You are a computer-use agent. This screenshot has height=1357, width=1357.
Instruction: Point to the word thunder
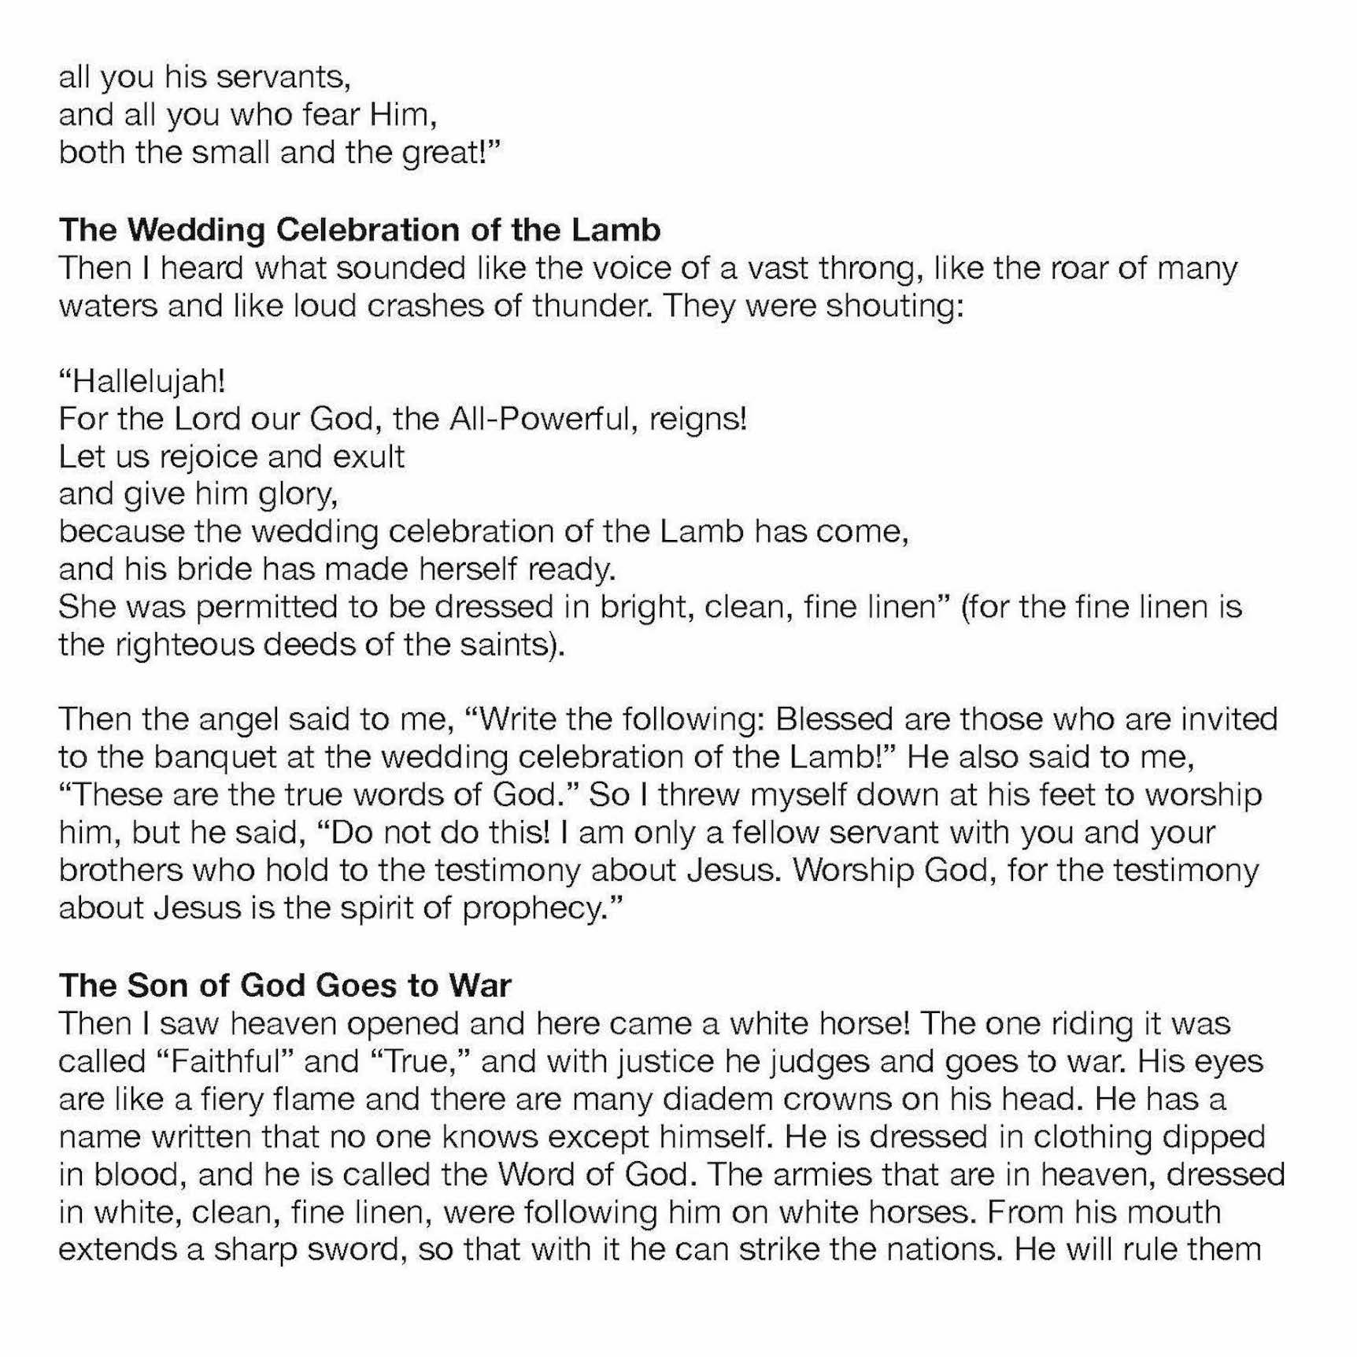click(x=591, y=306)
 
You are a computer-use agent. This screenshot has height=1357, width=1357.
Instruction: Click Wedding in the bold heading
click(x=197, y=230)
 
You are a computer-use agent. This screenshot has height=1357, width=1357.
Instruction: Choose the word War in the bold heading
click(x=479, y=985)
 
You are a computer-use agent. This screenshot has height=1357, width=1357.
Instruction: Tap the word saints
click(x=514, y=645)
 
